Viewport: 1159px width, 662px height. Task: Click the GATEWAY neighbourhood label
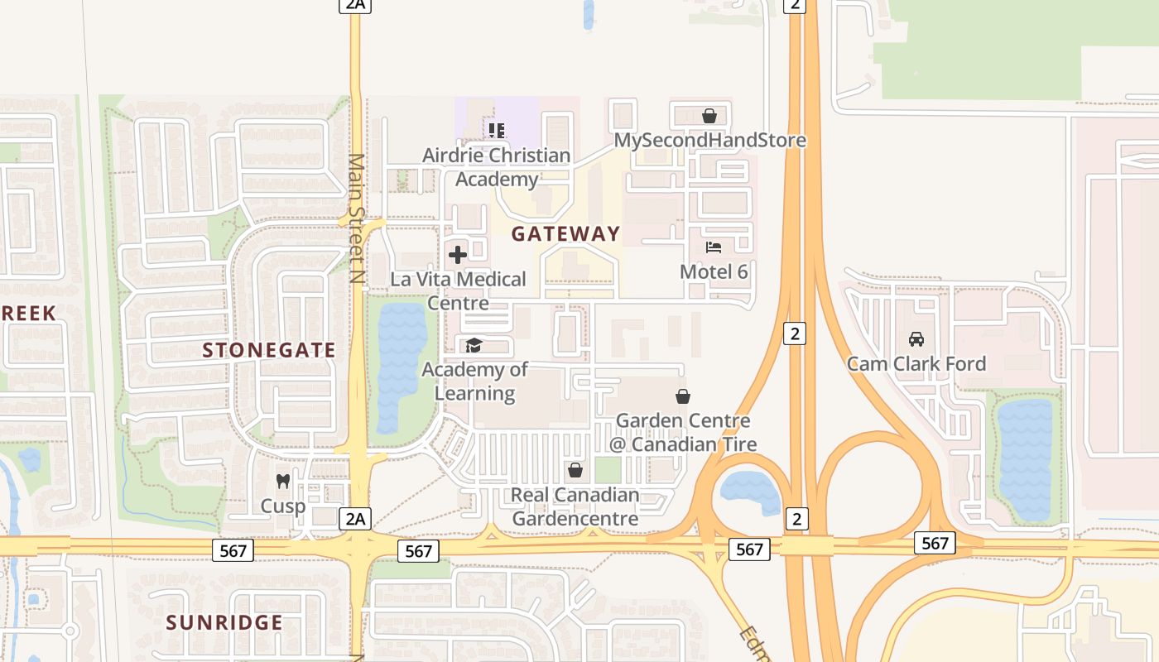pos(565,234)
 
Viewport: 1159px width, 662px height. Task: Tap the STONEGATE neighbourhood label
pos(269,350)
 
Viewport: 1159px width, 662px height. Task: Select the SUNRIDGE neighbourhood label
pos(224,622)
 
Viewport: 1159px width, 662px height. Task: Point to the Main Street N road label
pos(357,218)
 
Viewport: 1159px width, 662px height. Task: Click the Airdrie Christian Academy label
pos(496,166)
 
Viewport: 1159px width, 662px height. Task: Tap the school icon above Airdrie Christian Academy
pos(497,130)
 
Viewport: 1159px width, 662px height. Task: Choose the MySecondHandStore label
pos(709,140)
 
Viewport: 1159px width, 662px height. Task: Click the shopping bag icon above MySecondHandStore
pos(709,116)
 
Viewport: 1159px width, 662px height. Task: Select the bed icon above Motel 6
pos(714,247)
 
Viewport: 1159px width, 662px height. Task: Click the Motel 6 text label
pos(714,271)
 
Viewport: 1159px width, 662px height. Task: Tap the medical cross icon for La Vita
pos(458,255)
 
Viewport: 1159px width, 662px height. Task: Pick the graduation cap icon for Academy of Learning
pos(474,345)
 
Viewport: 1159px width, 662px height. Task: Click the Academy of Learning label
pos(474,381)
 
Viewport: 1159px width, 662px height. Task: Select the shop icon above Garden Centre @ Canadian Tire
pos(683,397)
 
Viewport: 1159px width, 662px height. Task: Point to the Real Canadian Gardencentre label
pos(575,506)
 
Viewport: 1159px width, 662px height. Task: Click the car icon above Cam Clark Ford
pos(916,339)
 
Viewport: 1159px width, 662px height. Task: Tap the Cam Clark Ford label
pos(916,363)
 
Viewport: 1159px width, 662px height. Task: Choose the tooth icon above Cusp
pos(283,481)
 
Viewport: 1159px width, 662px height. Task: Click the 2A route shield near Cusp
pos(354,519)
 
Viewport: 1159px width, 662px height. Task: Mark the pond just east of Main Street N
pos(402,364)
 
